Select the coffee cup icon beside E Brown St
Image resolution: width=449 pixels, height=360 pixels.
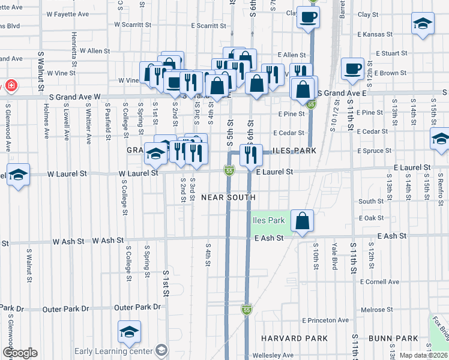352,68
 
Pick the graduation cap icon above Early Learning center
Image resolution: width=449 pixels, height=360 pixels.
129,332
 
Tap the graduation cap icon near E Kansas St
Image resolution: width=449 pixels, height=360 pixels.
423,23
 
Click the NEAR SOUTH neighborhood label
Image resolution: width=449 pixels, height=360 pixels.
228,197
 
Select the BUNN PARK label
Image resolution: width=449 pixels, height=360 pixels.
394,338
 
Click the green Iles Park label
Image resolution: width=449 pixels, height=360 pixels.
268,220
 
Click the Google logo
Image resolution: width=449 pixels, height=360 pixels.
20,353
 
